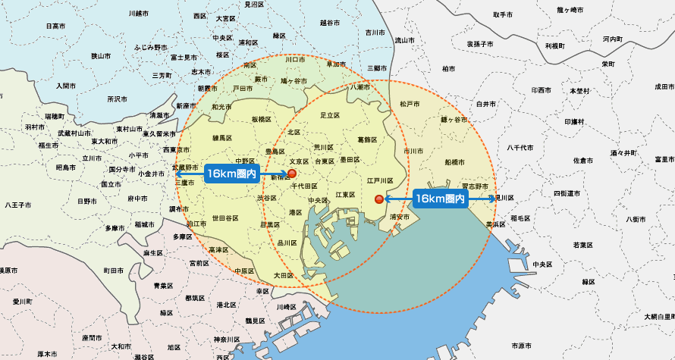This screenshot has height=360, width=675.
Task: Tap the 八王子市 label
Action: pyautogui.click(x=18, y=205)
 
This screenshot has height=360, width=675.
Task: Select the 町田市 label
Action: pyautogui.click(x=114, y=270)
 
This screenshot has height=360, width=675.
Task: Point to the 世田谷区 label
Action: pyautogui.click(x=225, y=218)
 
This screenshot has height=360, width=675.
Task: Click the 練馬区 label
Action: pyautogui.click(x=221, y=137)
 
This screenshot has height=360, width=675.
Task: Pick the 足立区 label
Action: pyautogui.click(x=328, y=114)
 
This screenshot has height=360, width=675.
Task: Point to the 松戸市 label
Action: pyautogui.click(x=410, y=102)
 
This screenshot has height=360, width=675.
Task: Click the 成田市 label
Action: pyautogui.click(x=664, y=86)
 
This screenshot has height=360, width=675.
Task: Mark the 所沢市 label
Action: pyautogui.click(x=118, y=99)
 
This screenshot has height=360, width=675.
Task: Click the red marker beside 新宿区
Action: pyautogui.click(x=292, y=174)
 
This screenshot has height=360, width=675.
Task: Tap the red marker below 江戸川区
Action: pyautogui.click(x=380, y=199)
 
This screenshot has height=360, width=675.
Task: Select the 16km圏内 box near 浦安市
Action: pyautogui.click(x=440, y=199)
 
